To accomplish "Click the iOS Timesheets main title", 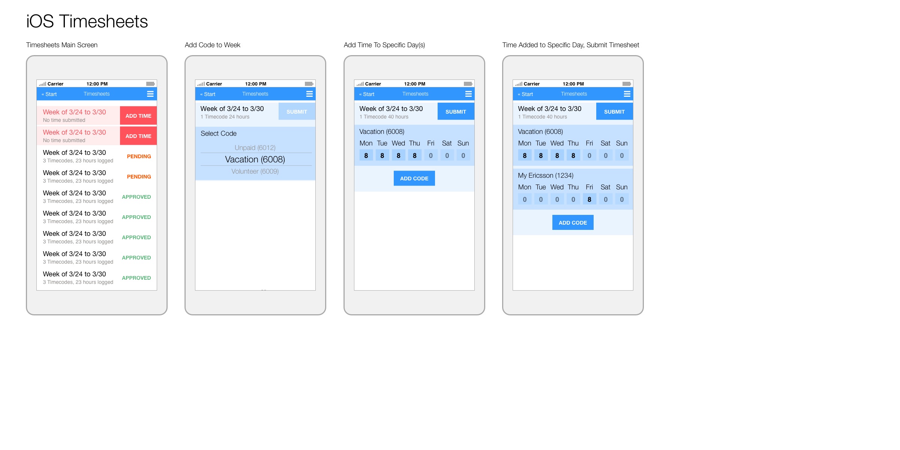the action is tap(87, 21).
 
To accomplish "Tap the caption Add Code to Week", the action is tap(213, 45).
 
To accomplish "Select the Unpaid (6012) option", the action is tap(255, 148).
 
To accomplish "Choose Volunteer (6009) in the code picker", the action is tap(255, 171).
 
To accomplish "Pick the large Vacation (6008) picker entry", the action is tap(255, 159).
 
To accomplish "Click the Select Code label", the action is tap(219, 133).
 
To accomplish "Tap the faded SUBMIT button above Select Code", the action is tap(297, 112).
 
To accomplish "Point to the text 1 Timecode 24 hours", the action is tap(225, 117).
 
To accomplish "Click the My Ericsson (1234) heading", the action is tap(546, 175).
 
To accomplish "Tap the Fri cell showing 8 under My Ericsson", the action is tap(589, 199).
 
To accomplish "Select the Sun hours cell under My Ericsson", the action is tap(622, 199).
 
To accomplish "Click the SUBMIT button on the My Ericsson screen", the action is tap(614, 112).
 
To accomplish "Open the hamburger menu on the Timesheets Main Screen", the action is tap(150, 94).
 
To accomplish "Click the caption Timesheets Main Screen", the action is tap(62, 45).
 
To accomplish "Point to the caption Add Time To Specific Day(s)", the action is tap(384, 45).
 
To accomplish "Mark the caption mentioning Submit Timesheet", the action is tap(571, 45).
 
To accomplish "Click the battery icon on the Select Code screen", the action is tap(309, 84).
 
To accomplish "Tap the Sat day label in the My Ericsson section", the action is tap(605, 187).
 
